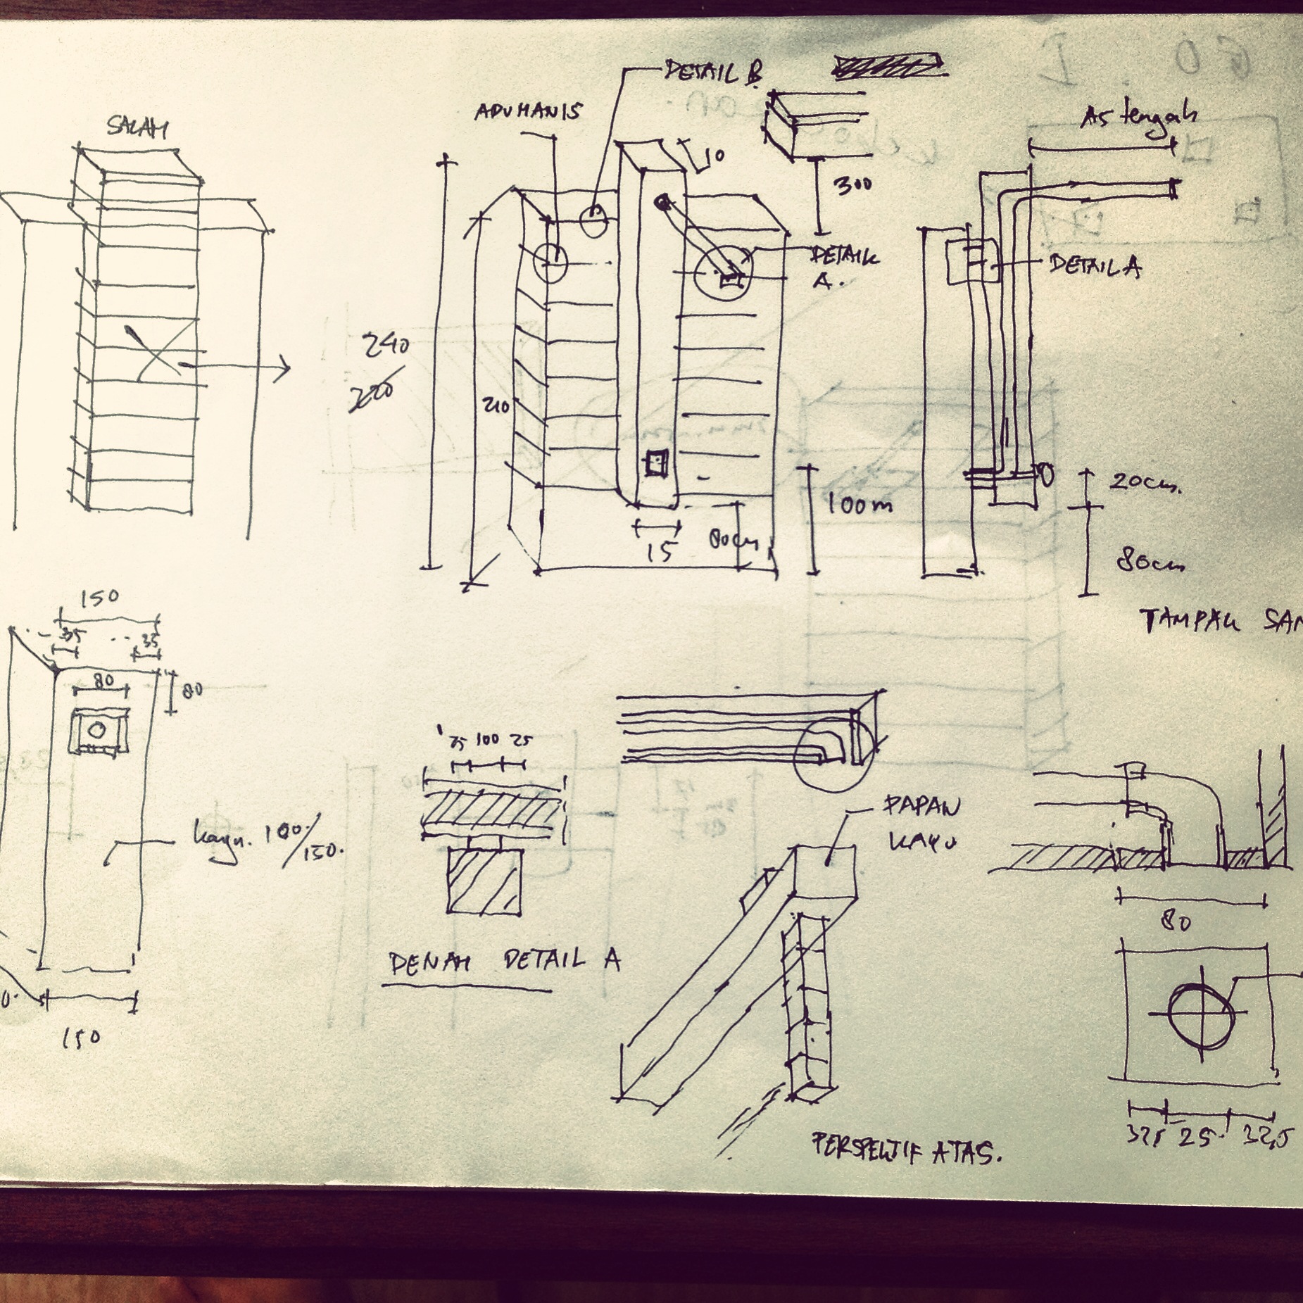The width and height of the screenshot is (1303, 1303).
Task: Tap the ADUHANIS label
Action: [x=528, y=112]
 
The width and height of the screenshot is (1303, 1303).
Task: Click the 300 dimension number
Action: [x=852, y=184]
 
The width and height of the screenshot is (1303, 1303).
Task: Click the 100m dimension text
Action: [x=858, y=504]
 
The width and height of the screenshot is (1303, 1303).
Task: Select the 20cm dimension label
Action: [x=1144, y=483]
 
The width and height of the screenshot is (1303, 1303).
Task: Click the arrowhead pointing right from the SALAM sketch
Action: [x=284, y=367]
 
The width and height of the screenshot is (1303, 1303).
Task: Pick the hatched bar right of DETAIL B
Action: [x=888, y=65]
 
